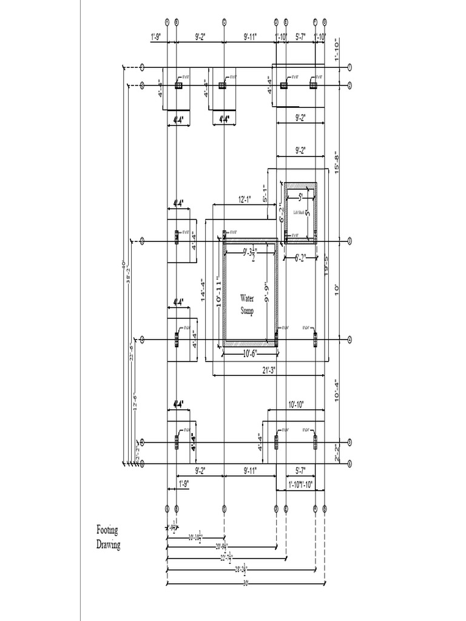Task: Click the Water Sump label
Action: point(247,304)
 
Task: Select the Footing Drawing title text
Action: point(109,537)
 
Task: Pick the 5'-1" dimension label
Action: point(265,193)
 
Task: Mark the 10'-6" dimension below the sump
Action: point(249,353)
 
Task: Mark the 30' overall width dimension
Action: point(246,583)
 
